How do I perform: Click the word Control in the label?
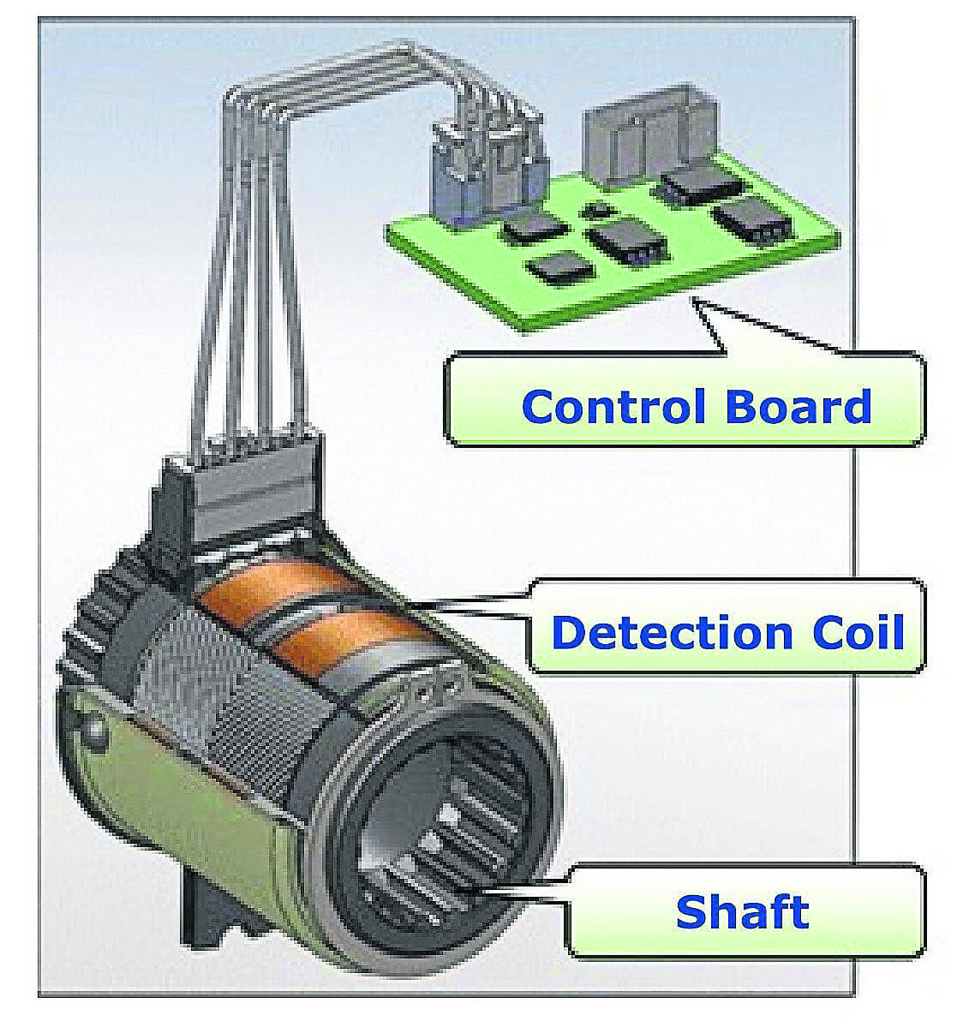pyautogui.click(x=614, y=406)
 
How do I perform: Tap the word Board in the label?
pyautogui.click(x=799, y=406)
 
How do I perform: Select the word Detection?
pyautogui.click(x=672, y=632)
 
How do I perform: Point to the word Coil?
pyautogui.click(x=858, y=632)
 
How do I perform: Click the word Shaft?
pyautogui.click(x=742, y=911)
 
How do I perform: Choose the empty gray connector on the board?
pyautogui.click(x=648, y=134)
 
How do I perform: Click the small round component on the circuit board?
pyautogui.click(x=595, y=210)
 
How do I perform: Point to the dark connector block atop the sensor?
pyautogui.click(x=237, y=492)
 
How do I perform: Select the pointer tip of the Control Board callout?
pyautogui.click(x=694, y=300)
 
